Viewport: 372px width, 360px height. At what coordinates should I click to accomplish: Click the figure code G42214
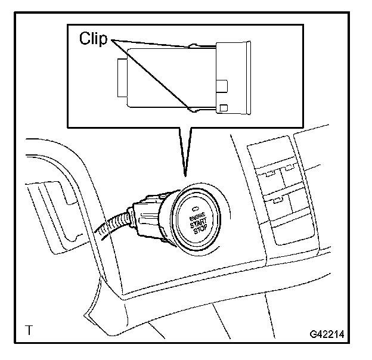click(327, 334)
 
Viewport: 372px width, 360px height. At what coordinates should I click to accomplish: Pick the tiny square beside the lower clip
click(223, 107)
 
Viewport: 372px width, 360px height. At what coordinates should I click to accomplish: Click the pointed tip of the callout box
click(185, 175)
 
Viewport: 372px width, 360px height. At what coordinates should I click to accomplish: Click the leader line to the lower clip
click(152, 75)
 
